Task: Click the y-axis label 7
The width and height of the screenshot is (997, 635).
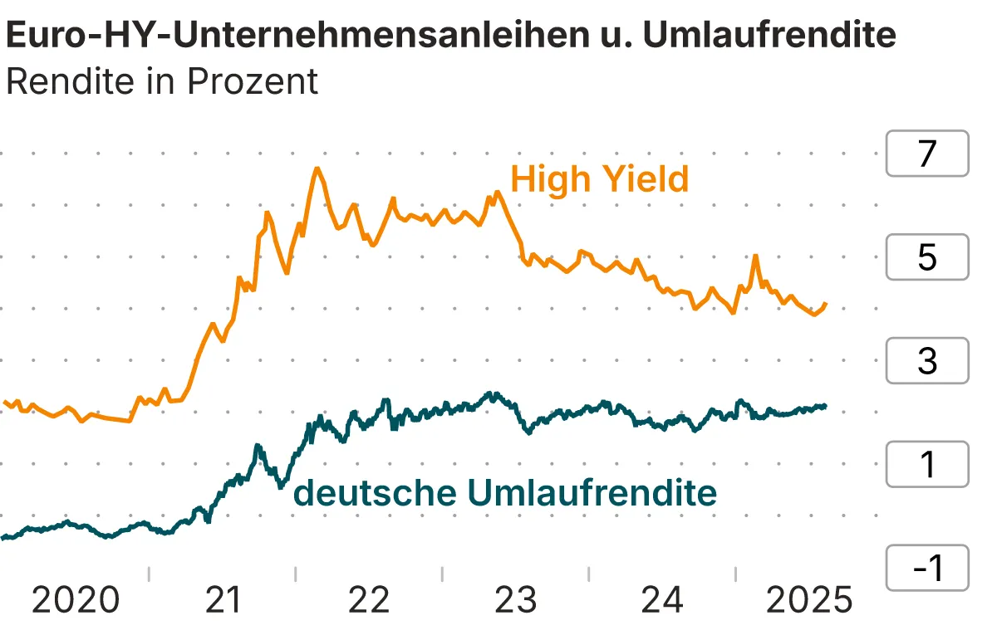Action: [x=927, y=154]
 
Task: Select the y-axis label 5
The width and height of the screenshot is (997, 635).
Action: [x=927, y=257]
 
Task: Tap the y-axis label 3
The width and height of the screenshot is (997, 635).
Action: [x=927, y=361]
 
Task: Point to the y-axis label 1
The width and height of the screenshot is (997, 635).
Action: [x=927, y=465]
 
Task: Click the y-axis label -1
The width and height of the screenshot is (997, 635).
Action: [x=927, y=569]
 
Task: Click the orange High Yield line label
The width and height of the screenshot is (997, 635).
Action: [x=599, y=179]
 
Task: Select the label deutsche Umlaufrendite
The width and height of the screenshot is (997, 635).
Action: [x=505, y=493]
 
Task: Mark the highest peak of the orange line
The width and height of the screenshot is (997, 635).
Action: [x=317, y=169]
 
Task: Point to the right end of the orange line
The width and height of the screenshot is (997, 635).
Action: [x=826, y=304]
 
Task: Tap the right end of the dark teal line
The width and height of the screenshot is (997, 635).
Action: [x=826, y=406]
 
